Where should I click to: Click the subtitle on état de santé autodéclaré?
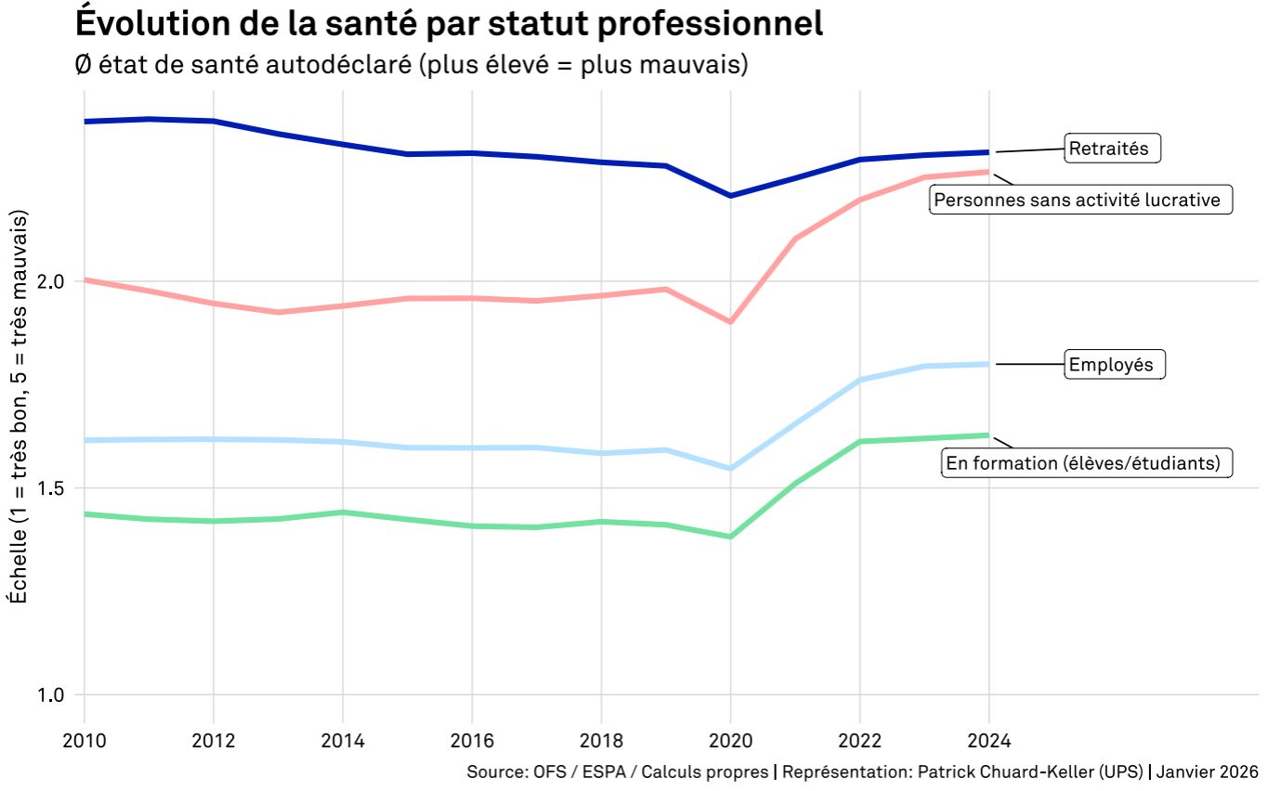pyautogui.click(x=410, y=66)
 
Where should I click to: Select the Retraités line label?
pyautogui.click(x=1112, y=148)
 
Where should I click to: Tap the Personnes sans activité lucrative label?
pyautogui.click(x=1080, y=200)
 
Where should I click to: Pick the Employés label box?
pyautogui.click(x=1113, y=365)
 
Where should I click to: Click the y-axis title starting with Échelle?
pyautogui.click(x=20, y=407)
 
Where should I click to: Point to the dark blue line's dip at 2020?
pyautogui.click(x=730, y=196)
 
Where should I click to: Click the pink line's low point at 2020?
pyautogui.click(x=730, y=321)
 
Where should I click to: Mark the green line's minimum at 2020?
pyautogui.click(x=730, y=537)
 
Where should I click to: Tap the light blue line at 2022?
pyautogui.click(x=859, y=380)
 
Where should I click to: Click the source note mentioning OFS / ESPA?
pyautogui.click(x=617, y=772)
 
